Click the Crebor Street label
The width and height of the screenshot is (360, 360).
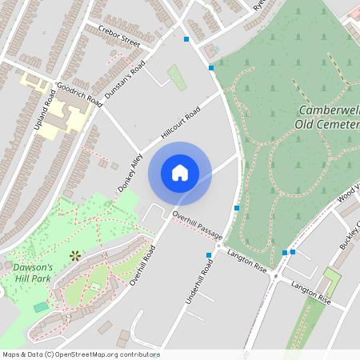click(118, 35)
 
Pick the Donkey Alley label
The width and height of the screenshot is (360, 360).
click(130, 168)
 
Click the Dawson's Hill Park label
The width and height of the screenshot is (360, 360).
click(34, 273)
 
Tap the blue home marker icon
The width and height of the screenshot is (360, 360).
click(180, 173)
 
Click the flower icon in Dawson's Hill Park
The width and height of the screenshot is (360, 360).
click(75, 256)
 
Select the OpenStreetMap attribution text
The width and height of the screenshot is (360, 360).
click(81, 354)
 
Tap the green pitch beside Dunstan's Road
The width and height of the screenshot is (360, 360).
click(178, 78)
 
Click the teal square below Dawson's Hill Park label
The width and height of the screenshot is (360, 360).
click(41, 307)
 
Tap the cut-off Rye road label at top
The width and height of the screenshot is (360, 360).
click(259, 4)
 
